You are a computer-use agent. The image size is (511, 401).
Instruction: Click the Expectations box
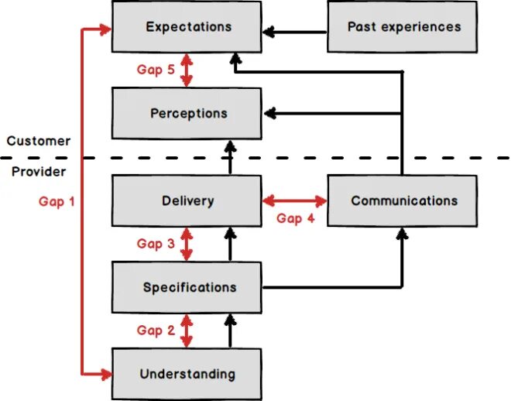187,27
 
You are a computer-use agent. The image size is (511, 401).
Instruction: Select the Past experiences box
403,27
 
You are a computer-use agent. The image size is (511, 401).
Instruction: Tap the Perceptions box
187,114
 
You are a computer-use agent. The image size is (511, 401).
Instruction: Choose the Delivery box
187,201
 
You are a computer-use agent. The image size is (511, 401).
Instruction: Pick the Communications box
403,201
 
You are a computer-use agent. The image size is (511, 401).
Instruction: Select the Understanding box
187,375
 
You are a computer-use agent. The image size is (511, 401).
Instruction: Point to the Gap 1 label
57,201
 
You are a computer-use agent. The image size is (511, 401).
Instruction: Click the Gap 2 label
156,331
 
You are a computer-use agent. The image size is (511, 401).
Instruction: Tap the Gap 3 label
156,244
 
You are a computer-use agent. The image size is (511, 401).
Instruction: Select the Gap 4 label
295,218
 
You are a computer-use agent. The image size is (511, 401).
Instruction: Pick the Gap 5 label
156,70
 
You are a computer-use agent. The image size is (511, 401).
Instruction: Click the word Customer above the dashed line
38,141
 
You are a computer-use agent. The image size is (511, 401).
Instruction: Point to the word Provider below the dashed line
38,171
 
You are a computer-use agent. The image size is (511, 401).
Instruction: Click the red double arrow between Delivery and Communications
295,201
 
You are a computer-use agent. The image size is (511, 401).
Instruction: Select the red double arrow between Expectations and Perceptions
186,70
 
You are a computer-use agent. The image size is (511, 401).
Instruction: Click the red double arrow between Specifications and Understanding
186,331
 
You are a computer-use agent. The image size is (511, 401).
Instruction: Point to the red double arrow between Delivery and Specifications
186,244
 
